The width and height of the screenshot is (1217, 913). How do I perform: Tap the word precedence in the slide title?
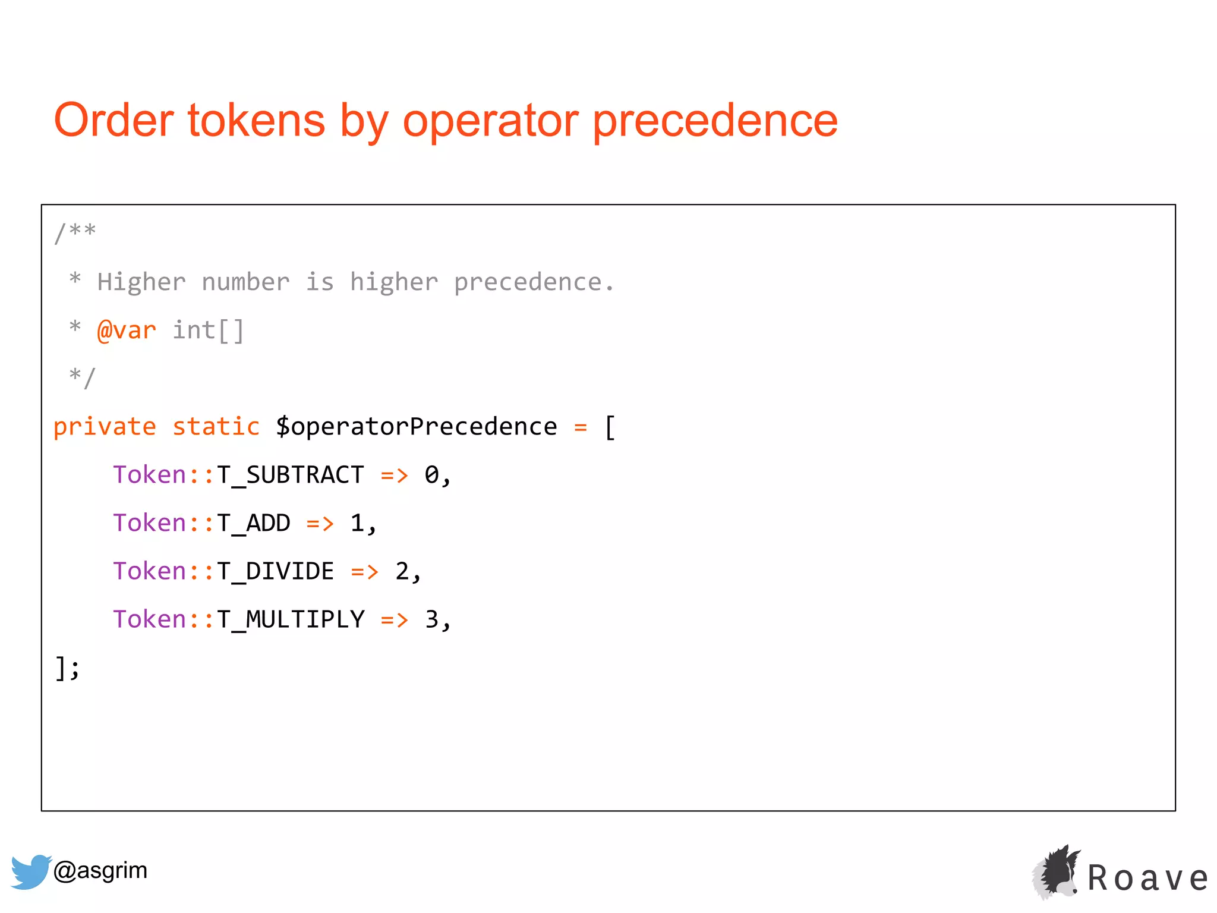tap(715, 121)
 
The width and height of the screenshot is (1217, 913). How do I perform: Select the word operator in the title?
tap(490, 121)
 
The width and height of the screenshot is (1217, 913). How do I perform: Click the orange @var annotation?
tap(127, 330)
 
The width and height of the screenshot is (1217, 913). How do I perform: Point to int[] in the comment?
tap(208, 330)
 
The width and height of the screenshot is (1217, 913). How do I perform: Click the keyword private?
tap(105, 426)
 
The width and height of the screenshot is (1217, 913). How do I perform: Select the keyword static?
tap(216, 426)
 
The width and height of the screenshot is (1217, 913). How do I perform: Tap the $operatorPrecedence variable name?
tap(416, 426)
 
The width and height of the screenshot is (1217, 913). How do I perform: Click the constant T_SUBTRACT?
tap(290, 475)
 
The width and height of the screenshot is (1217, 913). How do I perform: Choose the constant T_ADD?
tap(253, 523)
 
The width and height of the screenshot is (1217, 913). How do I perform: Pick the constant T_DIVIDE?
tap(275, 571)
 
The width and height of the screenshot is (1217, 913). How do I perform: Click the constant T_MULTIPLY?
tap(290, 619)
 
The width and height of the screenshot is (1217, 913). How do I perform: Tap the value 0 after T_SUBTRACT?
tap(431, 475)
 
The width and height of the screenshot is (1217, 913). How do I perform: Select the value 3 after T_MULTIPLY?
tap(432, 619)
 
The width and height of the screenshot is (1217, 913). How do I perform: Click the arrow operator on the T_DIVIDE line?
tap(364, 572)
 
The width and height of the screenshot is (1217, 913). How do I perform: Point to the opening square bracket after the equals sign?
tap(610, 427)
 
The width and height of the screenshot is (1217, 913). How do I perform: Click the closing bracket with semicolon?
tap(67, 668)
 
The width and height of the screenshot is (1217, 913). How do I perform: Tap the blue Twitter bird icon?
tap(30, 871)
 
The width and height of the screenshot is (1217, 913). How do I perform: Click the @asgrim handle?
tap(100, 870)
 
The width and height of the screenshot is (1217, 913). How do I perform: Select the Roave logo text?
tap(1147, 879)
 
